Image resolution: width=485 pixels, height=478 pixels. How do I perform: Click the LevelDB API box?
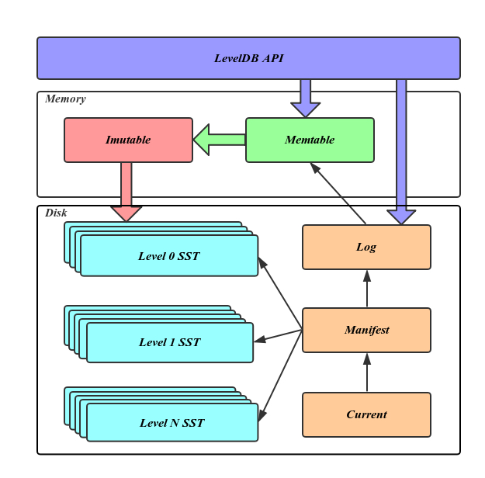[x=248, y=58]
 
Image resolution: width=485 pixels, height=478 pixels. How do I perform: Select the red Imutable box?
[x=128, y=140]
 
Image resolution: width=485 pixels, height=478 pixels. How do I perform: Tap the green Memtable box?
[x=310, y=140]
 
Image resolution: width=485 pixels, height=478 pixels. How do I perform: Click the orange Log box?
[x=366, y=247]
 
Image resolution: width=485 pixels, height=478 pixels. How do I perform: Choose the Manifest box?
[x=366, y=330]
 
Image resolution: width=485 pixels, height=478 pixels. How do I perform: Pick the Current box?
[x=366, y=414]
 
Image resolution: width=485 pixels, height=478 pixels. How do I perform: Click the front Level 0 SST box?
[x=168, y=256]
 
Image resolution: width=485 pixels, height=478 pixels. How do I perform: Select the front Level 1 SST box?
[x=169, y=342]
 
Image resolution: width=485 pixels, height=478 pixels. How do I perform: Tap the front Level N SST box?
[x=171, y=423]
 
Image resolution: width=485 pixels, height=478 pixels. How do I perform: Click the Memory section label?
[x=65, y=99]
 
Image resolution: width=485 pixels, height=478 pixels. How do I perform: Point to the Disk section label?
[x=56, y=213]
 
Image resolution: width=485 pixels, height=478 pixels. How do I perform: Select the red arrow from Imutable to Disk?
[x=126, y=190]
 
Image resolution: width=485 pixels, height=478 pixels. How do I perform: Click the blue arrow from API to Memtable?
[x=305, y=97]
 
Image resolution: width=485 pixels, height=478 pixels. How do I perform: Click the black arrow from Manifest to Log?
[x=366, y=289]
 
